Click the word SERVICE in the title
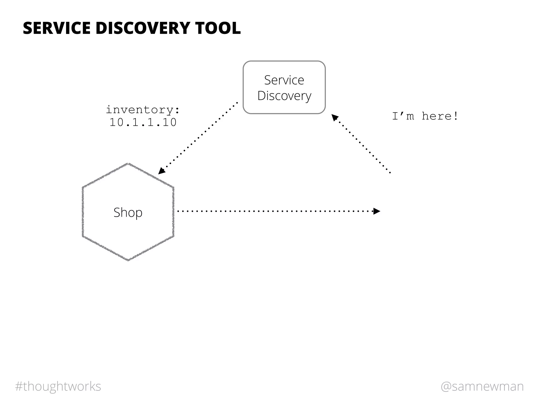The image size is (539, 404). coord(58,28)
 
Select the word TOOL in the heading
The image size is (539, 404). coord(218,28)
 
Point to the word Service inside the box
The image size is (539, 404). coord(284,80)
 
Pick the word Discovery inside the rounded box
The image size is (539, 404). coord(284,96)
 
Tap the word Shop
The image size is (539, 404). coord(128,213)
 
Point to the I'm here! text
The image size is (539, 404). coord(425,116)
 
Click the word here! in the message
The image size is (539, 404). coord(440,116)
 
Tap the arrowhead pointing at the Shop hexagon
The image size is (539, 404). coord(161,171)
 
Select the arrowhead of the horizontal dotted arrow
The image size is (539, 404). coord(377,211)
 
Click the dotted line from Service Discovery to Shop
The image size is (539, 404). coord(200,137)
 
